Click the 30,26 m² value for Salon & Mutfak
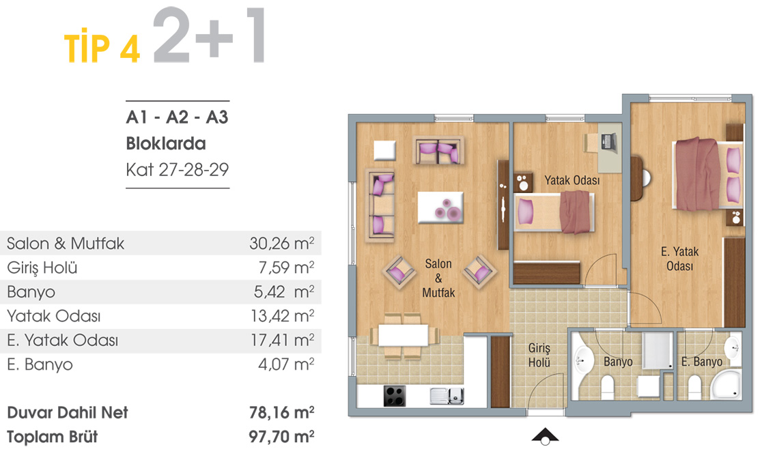coord(281,243)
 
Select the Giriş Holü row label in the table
coord(42,268)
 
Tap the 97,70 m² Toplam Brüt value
coord(281,436)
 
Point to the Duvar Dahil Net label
coord(68,412)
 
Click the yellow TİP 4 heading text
coord(102,48)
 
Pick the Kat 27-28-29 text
coord(178,169)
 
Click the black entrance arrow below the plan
coord(546,436)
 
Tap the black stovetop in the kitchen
coord(395,396)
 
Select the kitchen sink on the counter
coord(447,396)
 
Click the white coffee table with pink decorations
coord(440,207)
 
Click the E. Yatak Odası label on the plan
coord(679,259)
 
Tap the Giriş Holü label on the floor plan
coord(539,355)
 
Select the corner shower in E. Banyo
coord(725,384)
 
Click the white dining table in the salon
coord(404,335)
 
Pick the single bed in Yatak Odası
coord(554,212)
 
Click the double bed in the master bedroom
coord(707,174)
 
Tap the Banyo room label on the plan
coord(618,362)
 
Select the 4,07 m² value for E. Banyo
coord(286,364)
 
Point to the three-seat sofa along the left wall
coord(380,205)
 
